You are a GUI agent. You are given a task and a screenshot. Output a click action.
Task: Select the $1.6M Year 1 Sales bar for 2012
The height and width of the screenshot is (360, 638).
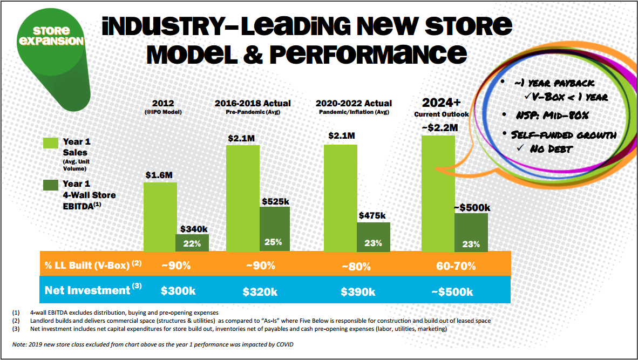tap(160, 216)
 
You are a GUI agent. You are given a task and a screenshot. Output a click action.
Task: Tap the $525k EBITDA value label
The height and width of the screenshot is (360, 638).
tap(275, 201)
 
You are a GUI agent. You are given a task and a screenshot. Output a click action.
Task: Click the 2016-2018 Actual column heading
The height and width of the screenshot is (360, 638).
tap(252, 103)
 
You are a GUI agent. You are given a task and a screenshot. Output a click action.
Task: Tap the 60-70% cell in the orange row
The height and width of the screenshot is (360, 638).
tap(457, 266)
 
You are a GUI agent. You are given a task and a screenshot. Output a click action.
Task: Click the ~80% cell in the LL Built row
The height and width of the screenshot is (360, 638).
tap(357, 266)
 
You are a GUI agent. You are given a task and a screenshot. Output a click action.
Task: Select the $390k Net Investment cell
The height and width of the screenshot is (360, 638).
tap(358, 291)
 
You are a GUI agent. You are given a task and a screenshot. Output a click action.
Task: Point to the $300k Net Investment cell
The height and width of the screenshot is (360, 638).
tap(179, 291)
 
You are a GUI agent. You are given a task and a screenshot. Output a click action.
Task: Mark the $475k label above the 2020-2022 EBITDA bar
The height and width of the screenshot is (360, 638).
tap(372, 215)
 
